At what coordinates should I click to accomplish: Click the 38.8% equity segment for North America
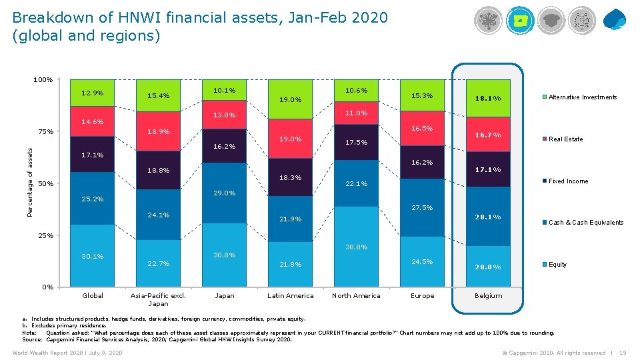357,247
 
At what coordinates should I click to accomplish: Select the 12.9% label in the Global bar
92,93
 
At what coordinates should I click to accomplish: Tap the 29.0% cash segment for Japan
224,193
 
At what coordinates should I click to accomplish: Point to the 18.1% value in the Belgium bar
488,99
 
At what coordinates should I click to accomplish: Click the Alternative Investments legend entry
582,97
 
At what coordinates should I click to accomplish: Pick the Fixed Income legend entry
567,181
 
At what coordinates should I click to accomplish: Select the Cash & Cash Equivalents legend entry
585,223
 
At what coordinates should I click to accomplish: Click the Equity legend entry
557,265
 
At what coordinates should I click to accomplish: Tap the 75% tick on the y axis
45,131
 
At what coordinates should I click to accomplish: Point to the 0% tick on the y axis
47,287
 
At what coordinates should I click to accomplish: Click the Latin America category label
290,296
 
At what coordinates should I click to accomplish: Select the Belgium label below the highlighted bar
488,296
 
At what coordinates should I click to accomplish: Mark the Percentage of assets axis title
30,182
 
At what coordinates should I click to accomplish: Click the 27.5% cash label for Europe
422,208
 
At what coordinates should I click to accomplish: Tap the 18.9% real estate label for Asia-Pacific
158,132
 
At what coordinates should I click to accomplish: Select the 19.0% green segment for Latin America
290,100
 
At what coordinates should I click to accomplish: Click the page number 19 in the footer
623,353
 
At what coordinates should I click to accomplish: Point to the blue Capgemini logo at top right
615,19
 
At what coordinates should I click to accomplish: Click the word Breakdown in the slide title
47,17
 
